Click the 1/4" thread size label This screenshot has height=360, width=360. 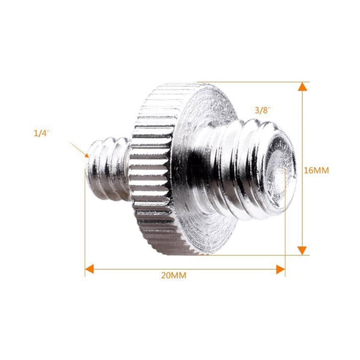(x=41, y=133)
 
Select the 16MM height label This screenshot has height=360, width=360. (x=316, y=171)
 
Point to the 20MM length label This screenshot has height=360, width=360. (x=174, y=276)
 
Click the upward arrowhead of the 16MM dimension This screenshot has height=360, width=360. (x=303, y=87)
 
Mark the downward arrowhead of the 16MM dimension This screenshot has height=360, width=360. (x=303, y=250)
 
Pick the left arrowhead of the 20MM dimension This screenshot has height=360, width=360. (x=89, y=268)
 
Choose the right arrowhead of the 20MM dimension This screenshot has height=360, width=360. (x=280, y=268)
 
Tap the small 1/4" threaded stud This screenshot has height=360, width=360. (x=108, y=169)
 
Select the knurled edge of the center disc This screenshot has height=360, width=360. (x=151, y=169)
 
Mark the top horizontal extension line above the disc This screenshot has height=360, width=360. (x=251, y=82)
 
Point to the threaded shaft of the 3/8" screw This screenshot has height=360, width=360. (x=237, y=169)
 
